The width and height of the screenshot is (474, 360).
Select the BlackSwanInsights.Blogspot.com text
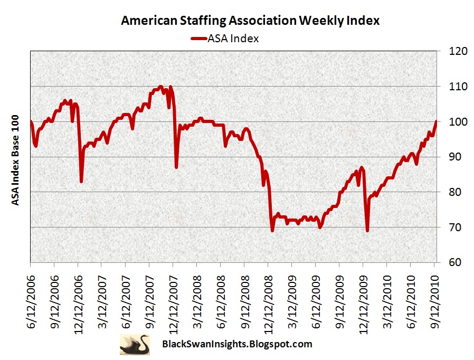[x=235, y=344]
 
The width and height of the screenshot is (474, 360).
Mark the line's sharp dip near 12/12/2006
[x=81, y=182]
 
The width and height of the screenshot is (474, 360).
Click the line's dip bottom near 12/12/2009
[x=367, y=230]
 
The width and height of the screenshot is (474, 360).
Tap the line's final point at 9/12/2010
[x=435, y=121]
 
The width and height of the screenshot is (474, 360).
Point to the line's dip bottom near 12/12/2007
[x=176, y=167]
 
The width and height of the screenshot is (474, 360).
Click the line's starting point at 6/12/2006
[x=31, y=122]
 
